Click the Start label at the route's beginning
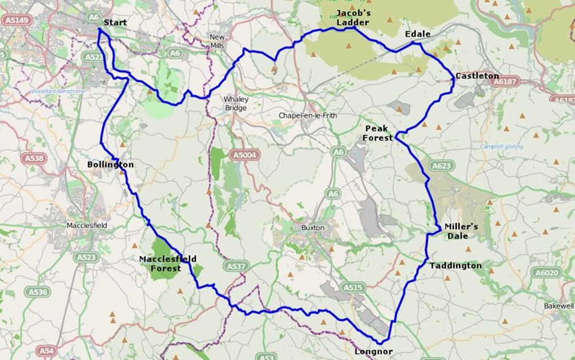(115, 23)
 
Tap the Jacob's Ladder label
(352, 18)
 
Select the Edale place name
(417, 34)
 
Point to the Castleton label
(477, 76)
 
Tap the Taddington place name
(455, 266)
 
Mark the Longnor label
(373, 352)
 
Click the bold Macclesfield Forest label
(168, 263)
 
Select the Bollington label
(110, 165)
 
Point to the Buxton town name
(313, 227)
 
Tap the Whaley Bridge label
(235, 103)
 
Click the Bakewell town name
(558, 306)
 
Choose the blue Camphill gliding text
(501, 147)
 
